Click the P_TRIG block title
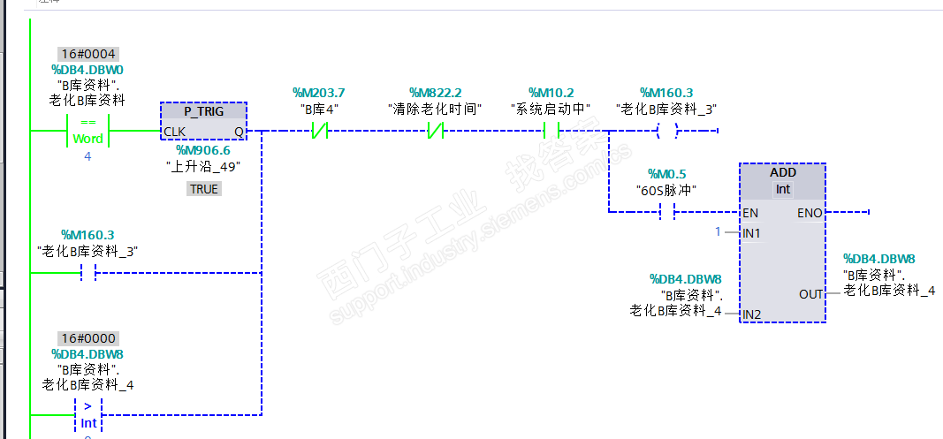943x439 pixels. pos(203,111)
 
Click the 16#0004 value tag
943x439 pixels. pos(88,54)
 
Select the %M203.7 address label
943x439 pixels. pos(318,93)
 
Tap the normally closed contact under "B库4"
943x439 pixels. pos(319,132)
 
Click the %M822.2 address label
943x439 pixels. pos(435,93)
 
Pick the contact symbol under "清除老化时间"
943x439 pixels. pos(435,132)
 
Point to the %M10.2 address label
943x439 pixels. pos(551,93)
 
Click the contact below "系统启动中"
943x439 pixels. pos(551,132)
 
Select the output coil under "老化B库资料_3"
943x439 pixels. pos(666,132)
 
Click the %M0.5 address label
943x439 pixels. pos(666,174)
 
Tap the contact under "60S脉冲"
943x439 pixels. pos(667,212)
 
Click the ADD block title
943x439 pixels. pos(783,172)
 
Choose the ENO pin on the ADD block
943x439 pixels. pos(810,213)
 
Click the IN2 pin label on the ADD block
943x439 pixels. pos(751,314)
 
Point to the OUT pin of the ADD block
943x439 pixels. pos(811,294)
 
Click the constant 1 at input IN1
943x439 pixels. pos(719,231)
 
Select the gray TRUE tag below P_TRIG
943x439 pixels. pos(203,189)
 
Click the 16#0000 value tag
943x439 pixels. pos(88,338)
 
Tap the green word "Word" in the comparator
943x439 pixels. pos(87,139)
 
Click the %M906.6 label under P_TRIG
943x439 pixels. pos(203,150)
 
